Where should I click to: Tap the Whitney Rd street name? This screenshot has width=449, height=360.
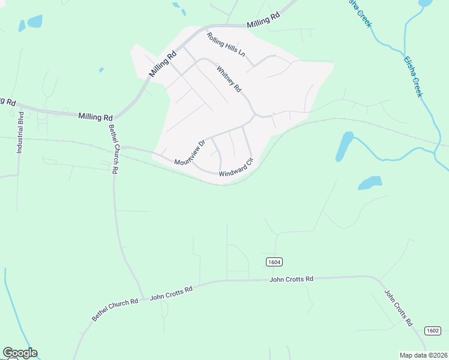click(229, 79)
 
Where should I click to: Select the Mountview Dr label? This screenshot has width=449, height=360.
click(190, 153)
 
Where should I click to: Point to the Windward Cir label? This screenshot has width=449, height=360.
click(237, 167)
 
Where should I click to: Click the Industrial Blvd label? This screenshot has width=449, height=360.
click(20, 133)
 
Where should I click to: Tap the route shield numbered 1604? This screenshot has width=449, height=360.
click(274, 262)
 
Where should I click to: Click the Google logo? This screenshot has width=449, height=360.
click(20, 353)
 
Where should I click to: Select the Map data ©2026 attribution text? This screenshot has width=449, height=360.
click(424, 355)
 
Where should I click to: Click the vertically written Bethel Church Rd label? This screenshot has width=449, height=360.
click(113, 148)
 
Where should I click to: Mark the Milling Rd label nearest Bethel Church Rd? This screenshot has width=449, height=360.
click(95, 116)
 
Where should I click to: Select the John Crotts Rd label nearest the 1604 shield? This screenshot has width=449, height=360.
click(292, 279)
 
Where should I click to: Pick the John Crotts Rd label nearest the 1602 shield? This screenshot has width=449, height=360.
click(399, 308)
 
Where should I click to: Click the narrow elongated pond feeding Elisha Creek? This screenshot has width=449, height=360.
click(344, 146)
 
